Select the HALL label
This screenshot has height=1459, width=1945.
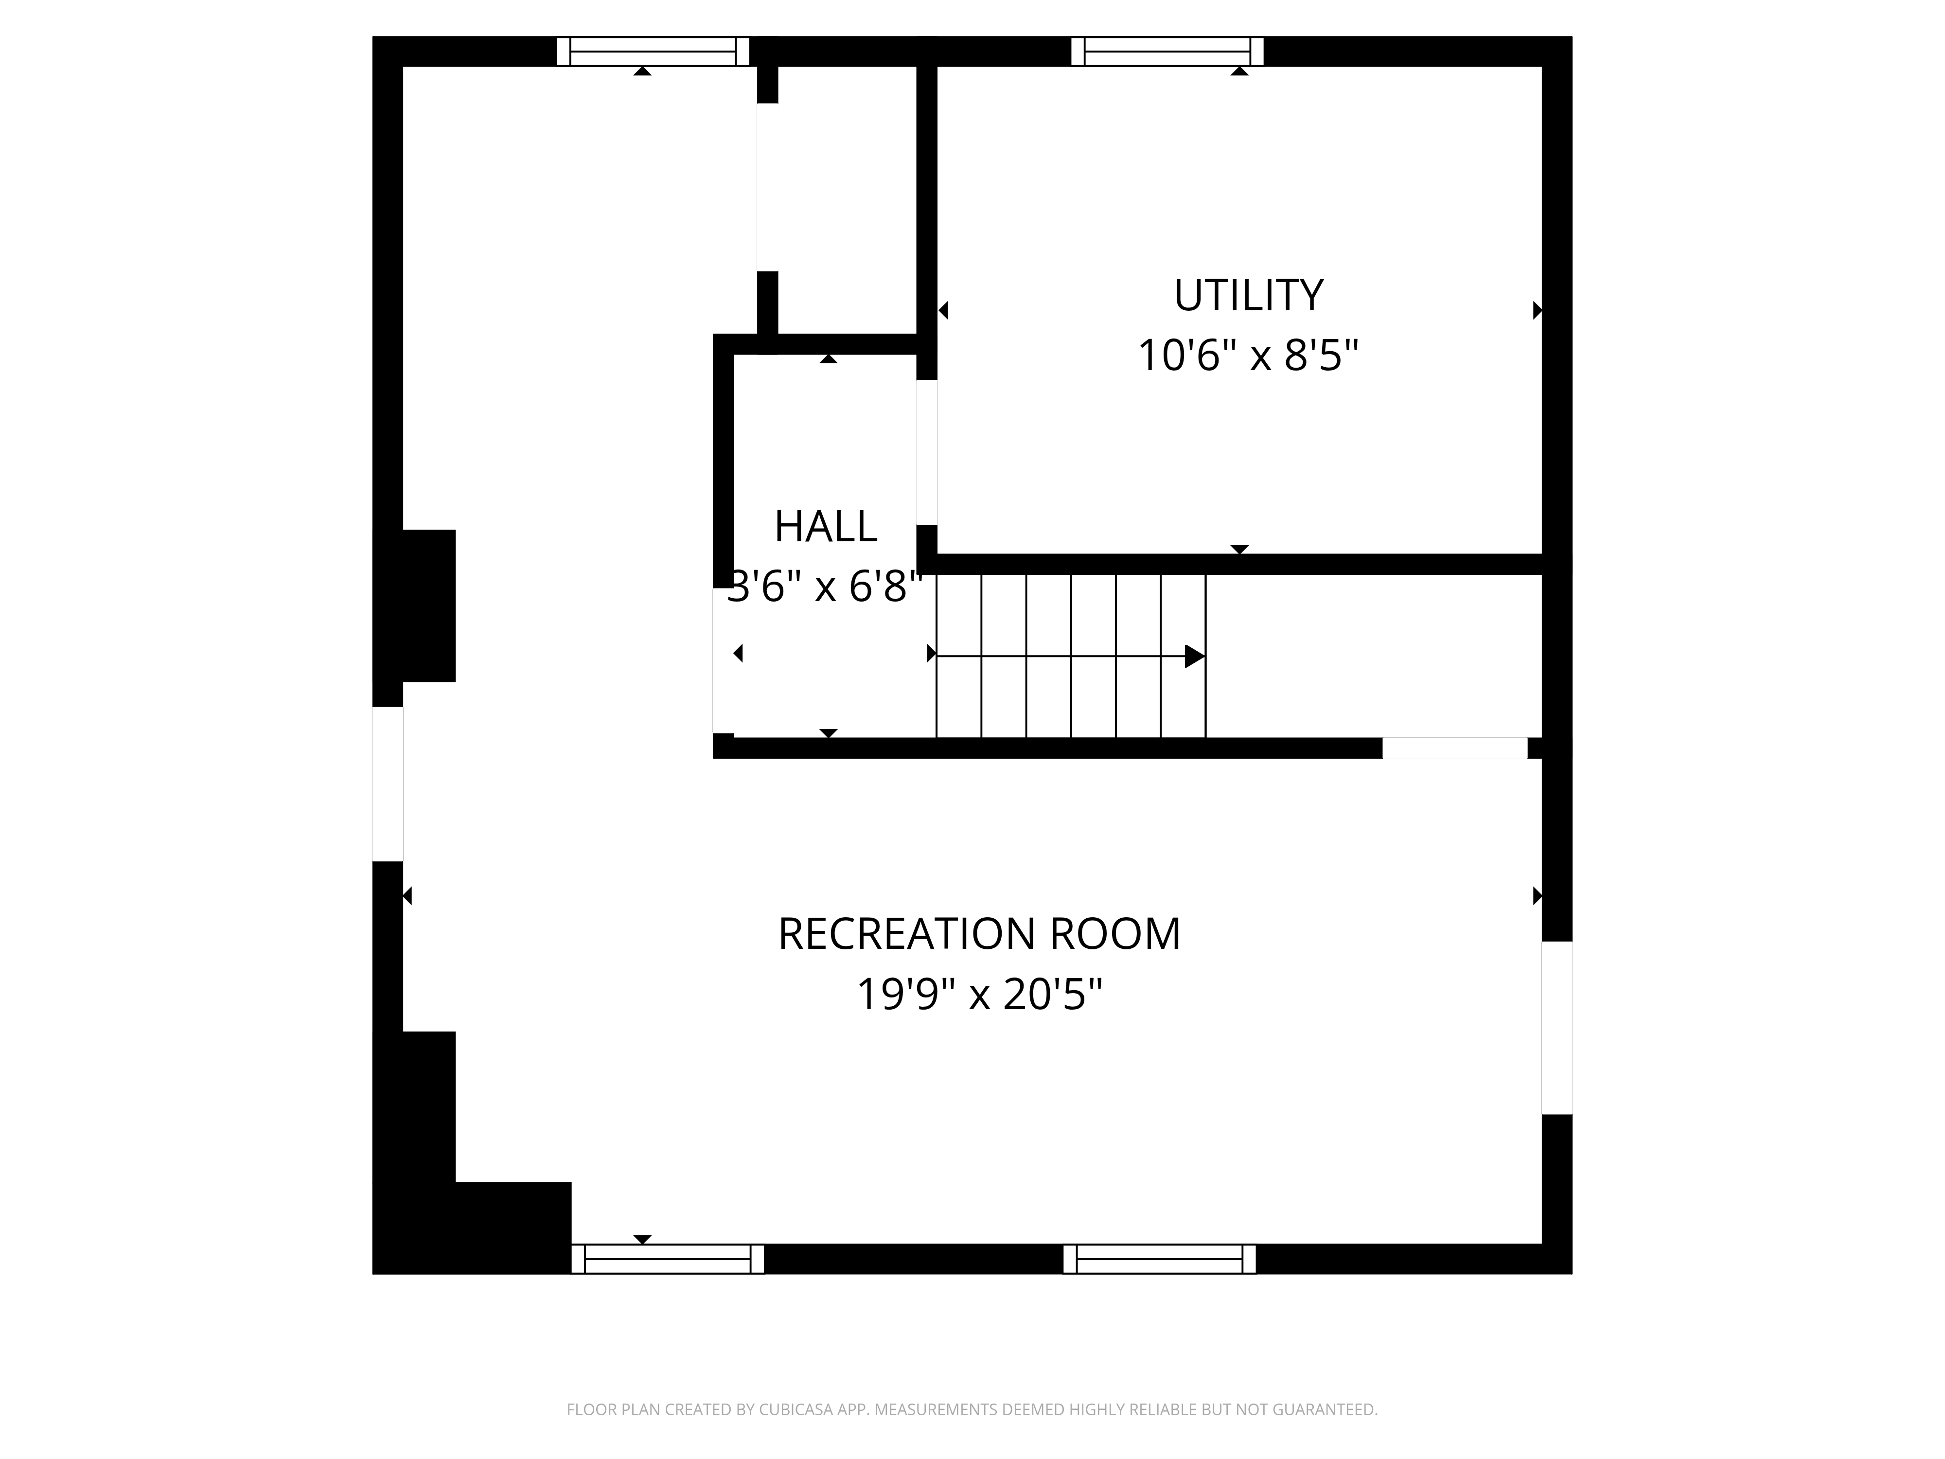coord(826,527)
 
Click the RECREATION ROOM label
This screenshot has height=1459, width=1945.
coord(979,934)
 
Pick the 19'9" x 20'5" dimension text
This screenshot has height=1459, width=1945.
coord(979,995)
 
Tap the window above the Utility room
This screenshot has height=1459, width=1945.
coord(1167,51)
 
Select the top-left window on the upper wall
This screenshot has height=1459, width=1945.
coord(654,51)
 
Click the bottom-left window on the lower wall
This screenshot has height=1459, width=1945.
coord(668,1259)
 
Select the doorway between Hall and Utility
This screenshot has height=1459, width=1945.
coord(927,452)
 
